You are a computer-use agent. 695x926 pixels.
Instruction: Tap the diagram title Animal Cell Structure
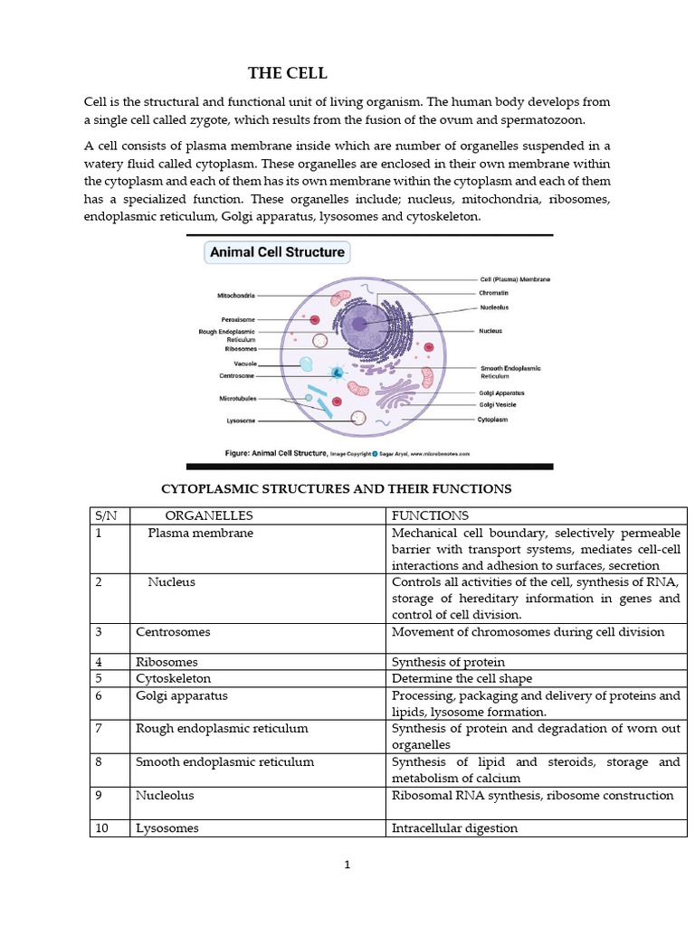[277, 252]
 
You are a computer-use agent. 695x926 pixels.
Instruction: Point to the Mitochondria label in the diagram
[236, 295]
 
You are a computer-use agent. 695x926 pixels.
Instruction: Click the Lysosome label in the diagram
[240, 420]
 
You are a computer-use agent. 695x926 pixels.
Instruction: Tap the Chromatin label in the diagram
[495, 293]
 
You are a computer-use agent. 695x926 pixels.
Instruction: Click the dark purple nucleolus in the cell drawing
[359, 324]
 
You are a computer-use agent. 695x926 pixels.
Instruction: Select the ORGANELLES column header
[209, 515]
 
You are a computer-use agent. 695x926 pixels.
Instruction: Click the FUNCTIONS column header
[430, 515]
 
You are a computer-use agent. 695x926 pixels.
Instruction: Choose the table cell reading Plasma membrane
[201, 533]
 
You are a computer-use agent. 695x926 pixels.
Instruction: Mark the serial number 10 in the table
[101, 827]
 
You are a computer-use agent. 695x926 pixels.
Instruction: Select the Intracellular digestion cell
[454, 827]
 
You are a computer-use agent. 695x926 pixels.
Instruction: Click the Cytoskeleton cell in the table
[173, 678]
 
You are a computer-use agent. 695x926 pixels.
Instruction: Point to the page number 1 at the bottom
[347, 865]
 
